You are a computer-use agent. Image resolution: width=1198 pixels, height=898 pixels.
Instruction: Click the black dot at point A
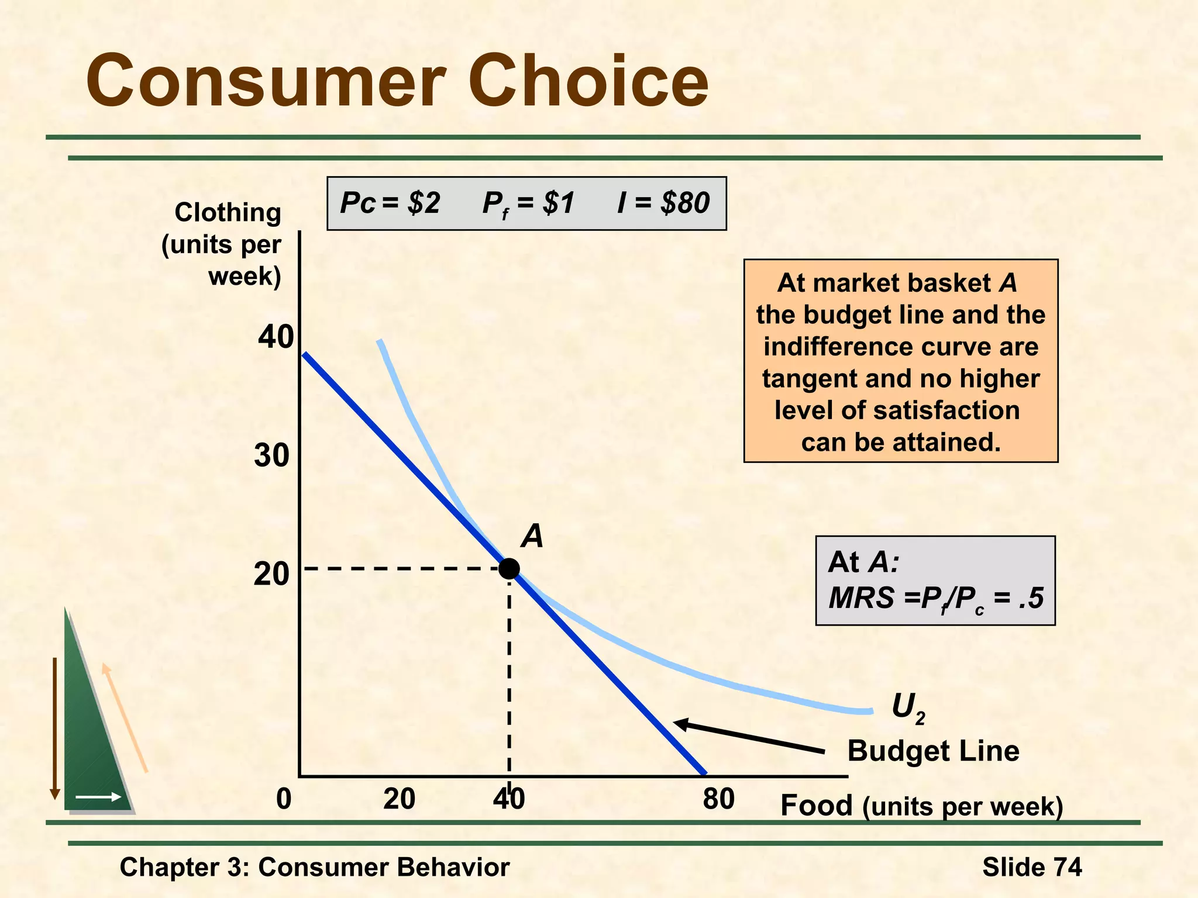pyautogui.click(x=509, y=568)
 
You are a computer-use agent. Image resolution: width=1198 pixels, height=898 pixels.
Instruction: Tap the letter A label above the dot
pyautogui.click(x=532, y=536)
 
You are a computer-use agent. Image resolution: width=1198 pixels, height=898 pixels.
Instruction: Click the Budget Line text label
pyautogui.click(x=933, y=751)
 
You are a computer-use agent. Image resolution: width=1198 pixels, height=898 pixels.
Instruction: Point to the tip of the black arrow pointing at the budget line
pyautogui.click(x=676, y=723)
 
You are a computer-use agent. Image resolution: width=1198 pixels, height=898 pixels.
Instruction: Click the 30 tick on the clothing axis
pyautogui.click(x=272, y=455)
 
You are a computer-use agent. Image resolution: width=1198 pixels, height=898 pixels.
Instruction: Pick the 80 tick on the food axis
pyautogui.click(x=718, y=799)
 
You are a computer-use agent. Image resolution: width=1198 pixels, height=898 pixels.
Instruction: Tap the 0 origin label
pyautogui.click(x=284, y=799)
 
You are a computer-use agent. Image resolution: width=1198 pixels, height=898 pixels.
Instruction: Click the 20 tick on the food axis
pyautogui.click(x=400, y=799)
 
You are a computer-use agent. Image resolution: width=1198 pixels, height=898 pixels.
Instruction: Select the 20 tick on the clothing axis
pyautogui.click(x=272, y=574)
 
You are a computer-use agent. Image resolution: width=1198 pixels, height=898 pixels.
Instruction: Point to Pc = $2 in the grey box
pyautogui.click(x=390, y=203)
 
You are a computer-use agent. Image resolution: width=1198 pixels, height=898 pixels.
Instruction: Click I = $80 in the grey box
pyautogui.click(x=663, y=203)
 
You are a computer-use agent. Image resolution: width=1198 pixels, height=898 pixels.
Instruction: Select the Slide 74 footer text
pyautogui.click(x=1032, y=866)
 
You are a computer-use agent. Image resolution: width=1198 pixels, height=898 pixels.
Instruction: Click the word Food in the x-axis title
pyautogui.click(x=817, y=806)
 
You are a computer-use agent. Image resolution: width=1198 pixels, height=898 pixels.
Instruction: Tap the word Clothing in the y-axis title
pyautogui.click(x=228, y=212)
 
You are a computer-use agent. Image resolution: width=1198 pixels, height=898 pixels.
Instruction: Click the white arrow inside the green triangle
pyautogui.click(x=98, y=797)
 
